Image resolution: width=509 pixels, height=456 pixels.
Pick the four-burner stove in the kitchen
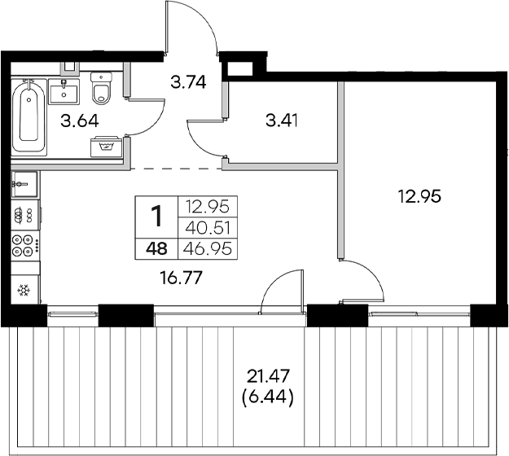point(24,245)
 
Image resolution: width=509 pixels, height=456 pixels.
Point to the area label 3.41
point(283,123)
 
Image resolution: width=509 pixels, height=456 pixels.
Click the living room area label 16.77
point(181,278)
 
